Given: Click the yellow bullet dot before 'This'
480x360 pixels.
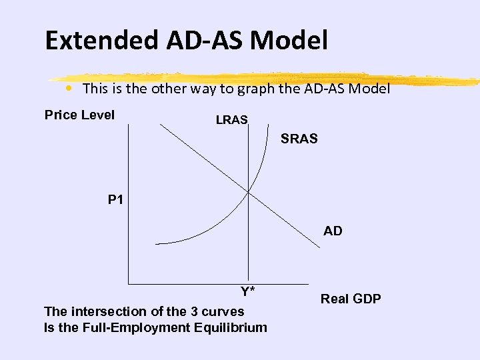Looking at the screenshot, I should click(x=69, y=88).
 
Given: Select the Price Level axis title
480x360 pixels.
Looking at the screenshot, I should click(x=79, y=115).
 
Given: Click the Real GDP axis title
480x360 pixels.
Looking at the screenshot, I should click(x=351, y=299).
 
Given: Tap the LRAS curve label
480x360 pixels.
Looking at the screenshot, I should click(x=231, y=120).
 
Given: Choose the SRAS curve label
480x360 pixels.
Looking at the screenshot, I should click(x=299, y=139).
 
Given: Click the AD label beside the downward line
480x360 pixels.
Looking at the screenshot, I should click(x=333, y=231).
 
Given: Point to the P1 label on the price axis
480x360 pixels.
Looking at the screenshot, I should click(x=115, y=199).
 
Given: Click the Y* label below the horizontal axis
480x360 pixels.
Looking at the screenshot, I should click(x=248, y=291).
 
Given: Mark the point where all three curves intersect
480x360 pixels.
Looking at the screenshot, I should click(x=248, y=192).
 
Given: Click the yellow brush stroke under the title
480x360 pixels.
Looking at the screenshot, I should click(x=267, y=77).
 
